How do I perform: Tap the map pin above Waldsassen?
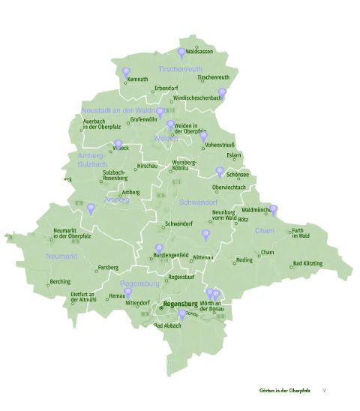181,52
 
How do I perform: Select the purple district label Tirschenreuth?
181,69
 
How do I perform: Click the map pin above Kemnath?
125,72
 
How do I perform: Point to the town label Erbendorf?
166,88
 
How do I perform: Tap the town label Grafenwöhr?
143,119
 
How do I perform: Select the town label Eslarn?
235,155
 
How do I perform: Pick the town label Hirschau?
148,166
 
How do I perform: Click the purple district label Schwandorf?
199,202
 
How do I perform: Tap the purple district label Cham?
265,231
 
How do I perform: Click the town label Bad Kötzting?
307,263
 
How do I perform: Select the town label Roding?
244,259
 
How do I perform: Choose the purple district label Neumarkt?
61,256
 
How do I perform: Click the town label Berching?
60,281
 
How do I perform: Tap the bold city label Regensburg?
185,305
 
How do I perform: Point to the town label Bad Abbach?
168,326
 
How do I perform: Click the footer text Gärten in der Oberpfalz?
284,391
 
